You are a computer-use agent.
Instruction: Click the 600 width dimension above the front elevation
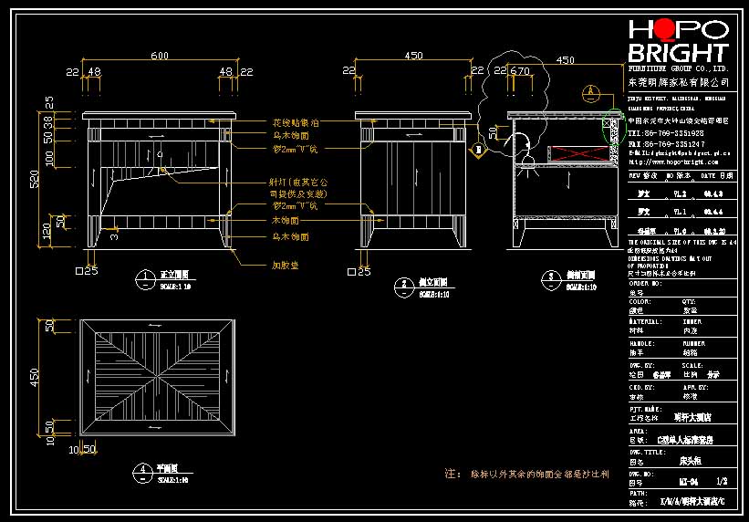pyautogui.click(x=160, y=57)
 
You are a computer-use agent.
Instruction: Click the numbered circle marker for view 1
pyautogui.click(x=145, y=277)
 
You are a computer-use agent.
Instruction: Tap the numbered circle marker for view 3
pyautogui.click(x=550, y=277)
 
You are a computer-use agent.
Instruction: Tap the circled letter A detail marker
pyautogui.click(x=591, y=92)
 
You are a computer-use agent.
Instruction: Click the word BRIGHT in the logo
pyautogui.click(x=679, y=53)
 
